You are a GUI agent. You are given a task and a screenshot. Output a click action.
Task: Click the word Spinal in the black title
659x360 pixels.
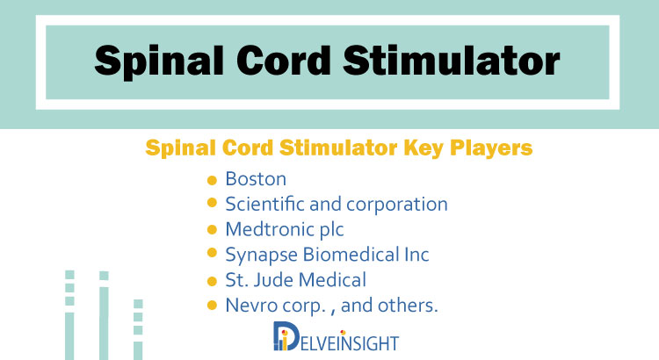(x=159, y=62)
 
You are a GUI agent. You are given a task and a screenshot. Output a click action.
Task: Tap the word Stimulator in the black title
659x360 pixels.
(x=452, y=61)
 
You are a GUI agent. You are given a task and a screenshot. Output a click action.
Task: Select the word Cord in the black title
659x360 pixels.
(x=284, y=61)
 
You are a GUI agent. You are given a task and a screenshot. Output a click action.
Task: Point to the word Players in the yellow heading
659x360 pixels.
(x=491, y=148)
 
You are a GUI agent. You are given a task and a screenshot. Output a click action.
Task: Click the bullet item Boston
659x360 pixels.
(x=256, y=179)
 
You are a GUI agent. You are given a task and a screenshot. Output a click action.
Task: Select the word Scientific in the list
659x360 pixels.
(x=264, y=205)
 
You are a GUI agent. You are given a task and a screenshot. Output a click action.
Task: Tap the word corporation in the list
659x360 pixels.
(x=397, y=205)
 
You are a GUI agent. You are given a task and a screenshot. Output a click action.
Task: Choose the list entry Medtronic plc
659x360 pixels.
(x=285, y=230)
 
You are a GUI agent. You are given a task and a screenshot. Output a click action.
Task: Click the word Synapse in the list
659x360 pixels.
(x=262, y=255)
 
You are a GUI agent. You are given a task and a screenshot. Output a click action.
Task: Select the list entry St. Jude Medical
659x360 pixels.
(x=296, y=280)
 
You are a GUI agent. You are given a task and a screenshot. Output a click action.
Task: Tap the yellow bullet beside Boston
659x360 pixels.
(x=212, y=181)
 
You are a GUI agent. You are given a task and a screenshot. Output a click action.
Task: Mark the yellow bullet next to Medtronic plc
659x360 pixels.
(x=212, y=230)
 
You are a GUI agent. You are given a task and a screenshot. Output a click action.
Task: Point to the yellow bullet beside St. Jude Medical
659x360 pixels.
(x=212, y=282)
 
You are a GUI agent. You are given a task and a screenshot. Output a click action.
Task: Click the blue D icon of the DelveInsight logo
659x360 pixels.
(x=286, y=336)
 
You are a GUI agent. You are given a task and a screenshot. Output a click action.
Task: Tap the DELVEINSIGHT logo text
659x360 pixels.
(x=349, y=342)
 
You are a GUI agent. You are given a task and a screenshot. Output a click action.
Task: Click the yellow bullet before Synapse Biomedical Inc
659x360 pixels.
(x=212, y=253)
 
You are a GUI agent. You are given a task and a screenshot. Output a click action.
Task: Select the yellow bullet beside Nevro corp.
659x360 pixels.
(x=212, y=306)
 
